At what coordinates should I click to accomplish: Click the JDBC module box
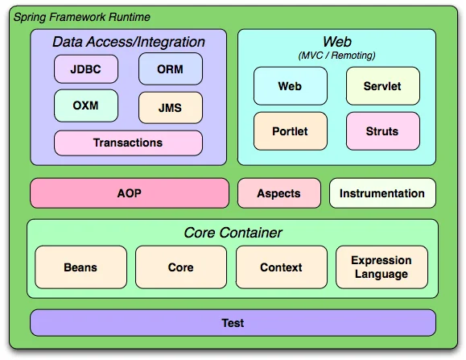point(85,69)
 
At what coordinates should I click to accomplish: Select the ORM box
point(170,69)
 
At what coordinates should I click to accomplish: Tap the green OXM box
point(85,106)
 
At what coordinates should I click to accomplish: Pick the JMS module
point(170,107)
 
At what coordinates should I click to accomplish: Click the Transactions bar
point(128,143)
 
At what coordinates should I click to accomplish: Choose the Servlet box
point(382,85)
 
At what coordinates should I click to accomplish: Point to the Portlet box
point(291,130)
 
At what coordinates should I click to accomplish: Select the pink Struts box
point(382,130)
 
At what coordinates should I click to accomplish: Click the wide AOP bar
point(129,193)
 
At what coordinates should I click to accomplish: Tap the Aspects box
point(278,193)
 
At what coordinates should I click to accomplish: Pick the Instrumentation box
point(381,193)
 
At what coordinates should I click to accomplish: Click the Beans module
point(80,267)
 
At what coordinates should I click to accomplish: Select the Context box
point(281,267)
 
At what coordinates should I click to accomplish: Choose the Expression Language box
point(381,267)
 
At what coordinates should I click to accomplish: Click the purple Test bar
point(233,323)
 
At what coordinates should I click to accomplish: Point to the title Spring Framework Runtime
point(80,17)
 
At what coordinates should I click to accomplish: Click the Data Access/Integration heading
point(129,42)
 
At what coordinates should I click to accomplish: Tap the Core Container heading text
point(233,233)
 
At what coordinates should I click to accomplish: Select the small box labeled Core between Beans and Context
point(180,267)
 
